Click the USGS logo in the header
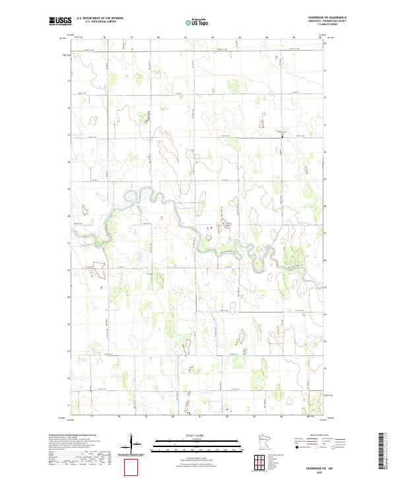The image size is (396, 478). tap(61, 21)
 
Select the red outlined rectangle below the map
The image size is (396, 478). tap(133, 466)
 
